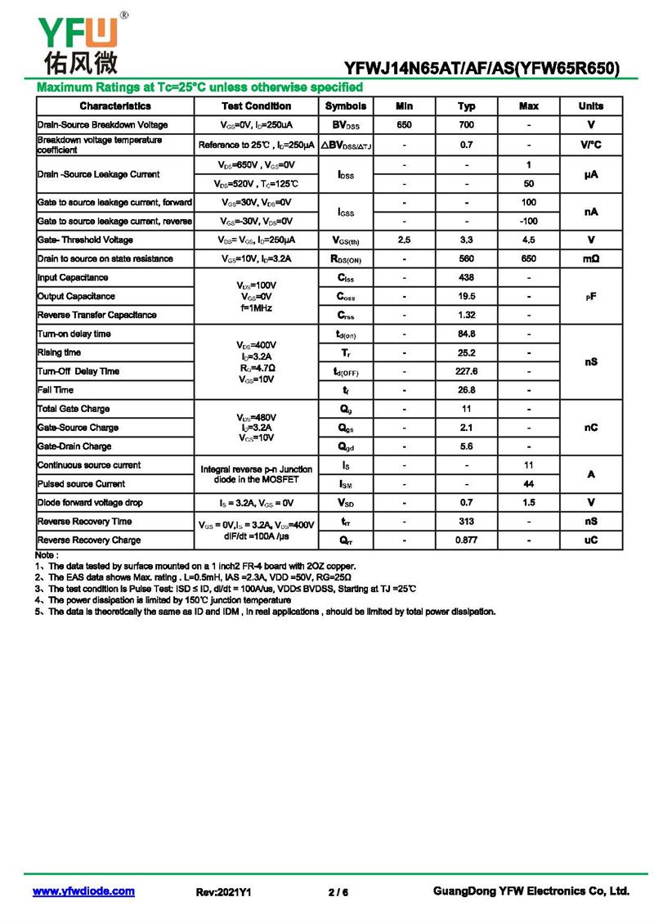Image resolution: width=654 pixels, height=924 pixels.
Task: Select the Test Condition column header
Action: coord(256,106)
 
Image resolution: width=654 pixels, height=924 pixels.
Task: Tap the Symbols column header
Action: coord(346,106)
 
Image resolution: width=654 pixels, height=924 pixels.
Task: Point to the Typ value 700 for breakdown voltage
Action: coord(466,125)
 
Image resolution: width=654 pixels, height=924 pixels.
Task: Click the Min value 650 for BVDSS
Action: coord(404,125)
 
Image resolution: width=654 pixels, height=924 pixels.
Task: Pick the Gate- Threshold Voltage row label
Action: coord(85,240)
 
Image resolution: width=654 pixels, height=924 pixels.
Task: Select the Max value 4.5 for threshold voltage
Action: coord(529,240)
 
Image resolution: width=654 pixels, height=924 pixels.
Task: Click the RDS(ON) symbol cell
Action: coord(346,259)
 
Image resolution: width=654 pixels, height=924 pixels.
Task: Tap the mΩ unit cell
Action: coord(590,259)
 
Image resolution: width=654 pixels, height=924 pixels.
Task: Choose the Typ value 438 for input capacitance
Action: coord(466,278)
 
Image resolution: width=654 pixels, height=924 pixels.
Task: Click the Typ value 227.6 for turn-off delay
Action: coord(466,371)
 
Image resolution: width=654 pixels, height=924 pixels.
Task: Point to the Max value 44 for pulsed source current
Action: coord(529,484)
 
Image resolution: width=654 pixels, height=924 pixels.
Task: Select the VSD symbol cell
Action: coord(346,503)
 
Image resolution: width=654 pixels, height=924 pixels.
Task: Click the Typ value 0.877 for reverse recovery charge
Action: coord(466,540)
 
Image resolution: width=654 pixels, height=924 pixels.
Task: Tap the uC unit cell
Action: coord(590,540)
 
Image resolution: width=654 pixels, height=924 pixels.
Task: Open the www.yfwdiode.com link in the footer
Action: coord(83,892)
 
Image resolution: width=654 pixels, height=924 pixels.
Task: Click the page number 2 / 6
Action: coord(338,893)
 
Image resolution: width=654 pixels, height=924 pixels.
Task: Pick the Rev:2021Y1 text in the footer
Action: coord(223,893)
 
